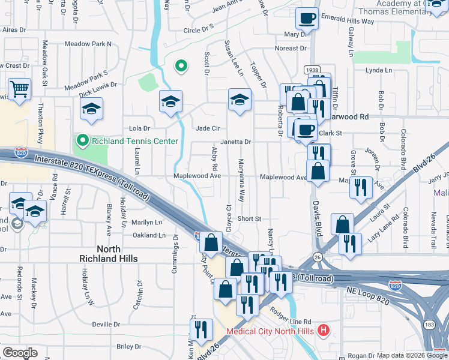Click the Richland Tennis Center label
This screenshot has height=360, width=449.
tap(134, 142)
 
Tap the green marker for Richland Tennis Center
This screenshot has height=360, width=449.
tap(82, 141)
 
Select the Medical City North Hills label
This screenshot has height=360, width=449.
tap(271, 331)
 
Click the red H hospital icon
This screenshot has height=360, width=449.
tap(324, 330)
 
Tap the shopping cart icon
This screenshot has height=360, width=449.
tap(20, 89)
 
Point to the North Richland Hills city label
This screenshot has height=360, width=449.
tap(109, 253)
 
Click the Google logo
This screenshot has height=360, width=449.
tap(20, 353)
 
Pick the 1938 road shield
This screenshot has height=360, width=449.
tap(311, 70)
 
